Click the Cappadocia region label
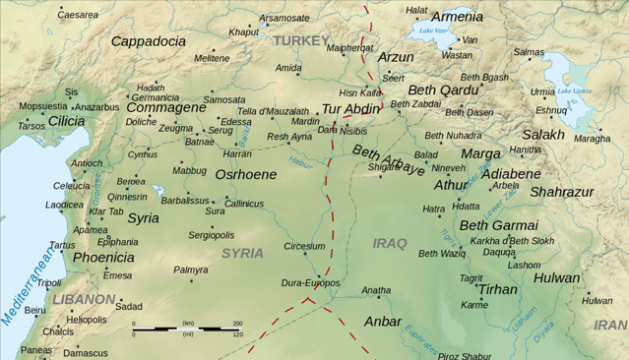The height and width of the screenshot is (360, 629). coord(148,41)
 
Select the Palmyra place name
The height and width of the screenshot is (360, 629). coord(191,269)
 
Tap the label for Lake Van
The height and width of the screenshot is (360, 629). coord(434,30)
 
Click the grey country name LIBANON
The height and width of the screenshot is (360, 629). coord(84,298)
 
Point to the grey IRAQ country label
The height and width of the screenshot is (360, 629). coord(390,242)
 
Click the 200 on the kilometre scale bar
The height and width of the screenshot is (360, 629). coord(237,324)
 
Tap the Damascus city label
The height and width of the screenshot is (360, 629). coord(86,352)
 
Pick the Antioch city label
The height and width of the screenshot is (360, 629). coord(87,163)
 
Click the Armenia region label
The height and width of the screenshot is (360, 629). coord(457,17)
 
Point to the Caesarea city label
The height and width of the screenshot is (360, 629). coord(78,15)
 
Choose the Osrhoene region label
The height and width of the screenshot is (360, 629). coord(245,174)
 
